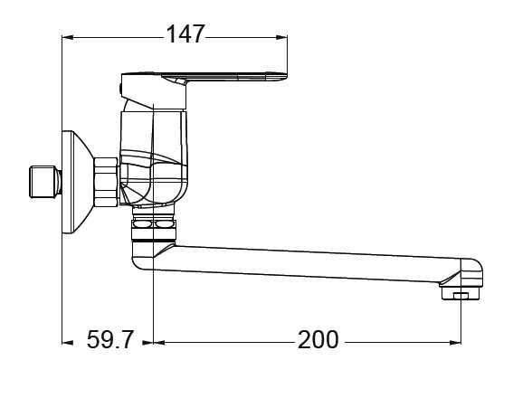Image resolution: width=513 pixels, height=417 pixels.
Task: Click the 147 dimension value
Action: coord(185,34)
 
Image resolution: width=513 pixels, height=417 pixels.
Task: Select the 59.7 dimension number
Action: coord(110,339)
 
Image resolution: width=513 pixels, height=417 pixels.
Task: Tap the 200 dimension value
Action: coord(318,339)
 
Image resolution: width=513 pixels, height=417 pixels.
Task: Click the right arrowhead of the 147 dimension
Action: coord(282,38)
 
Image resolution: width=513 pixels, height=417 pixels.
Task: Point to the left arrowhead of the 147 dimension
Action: coord(67,38)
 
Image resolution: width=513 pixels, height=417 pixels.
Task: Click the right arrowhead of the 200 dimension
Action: coord(455,343)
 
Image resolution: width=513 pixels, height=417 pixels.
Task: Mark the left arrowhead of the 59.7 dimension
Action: coord(67,343)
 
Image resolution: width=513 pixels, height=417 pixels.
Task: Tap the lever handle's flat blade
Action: coord(226,77)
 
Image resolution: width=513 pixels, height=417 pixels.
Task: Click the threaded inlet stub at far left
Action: coord(45,182)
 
